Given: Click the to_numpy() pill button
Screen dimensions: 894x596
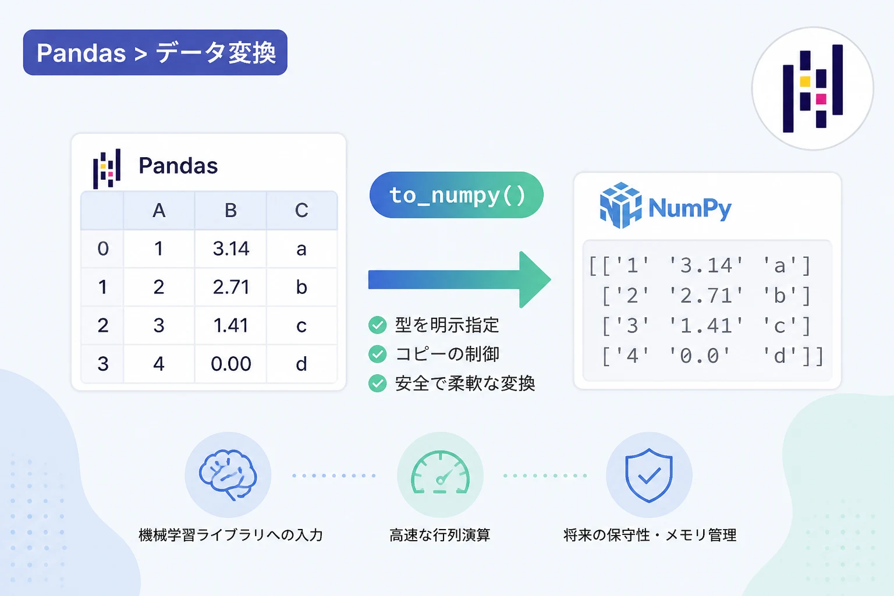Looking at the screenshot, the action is coord(456,195).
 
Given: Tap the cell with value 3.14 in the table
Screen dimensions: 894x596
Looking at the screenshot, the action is coord(230,249).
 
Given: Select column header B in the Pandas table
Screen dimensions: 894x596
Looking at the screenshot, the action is coord(230,210).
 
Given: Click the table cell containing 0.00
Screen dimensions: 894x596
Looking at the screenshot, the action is coord(230,364).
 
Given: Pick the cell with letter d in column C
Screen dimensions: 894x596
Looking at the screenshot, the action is coord(301,364).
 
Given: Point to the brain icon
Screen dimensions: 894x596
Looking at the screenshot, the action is coord(228,474).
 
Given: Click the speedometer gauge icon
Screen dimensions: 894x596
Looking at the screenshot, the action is coord(440,473).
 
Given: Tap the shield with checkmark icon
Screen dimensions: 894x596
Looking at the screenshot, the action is coord(649,474).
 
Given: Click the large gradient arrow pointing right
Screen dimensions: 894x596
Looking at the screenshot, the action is coord(460,279).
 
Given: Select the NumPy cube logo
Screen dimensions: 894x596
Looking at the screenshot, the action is coord(621,205).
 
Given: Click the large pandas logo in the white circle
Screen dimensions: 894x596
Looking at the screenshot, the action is coord(813,88).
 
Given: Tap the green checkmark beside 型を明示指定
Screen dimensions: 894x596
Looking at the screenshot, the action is coord(378,325).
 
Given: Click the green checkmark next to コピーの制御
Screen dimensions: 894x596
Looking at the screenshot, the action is coord(378,354).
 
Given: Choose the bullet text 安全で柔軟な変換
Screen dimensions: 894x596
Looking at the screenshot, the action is coord(465,384).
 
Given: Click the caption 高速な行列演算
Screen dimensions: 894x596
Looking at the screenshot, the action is coord(440,535).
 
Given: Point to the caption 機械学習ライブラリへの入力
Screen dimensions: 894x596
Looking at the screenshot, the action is coord(230,535).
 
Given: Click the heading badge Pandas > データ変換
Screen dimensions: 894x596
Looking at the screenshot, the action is coord(155,52).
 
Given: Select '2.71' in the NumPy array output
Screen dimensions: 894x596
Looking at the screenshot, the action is coord(705,296).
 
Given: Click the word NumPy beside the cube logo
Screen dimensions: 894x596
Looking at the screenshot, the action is coord(690,208).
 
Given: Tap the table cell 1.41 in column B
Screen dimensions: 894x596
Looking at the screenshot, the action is coord(230,325).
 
